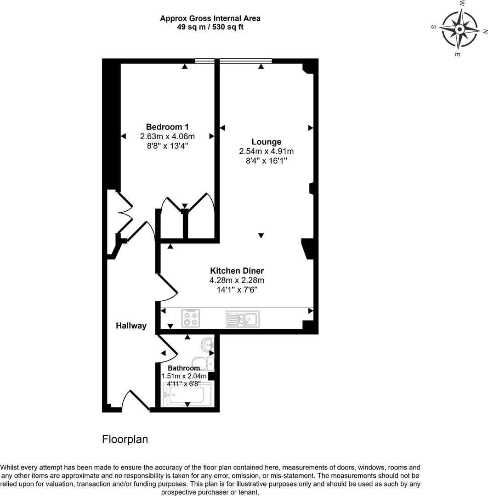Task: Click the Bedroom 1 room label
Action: (x=167, y=127)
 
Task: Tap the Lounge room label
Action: (x=266, y=141)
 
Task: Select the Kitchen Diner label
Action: (x=237, y=271)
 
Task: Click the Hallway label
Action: (x=131, y=326)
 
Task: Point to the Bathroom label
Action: (x=184, y=368)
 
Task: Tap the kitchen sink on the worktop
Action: (x=243, y=319)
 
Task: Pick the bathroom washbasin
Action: (x=208, y=344)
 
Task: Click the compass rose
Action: (x=459, y=29)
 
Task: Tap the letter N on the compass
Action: (x=484, y=31)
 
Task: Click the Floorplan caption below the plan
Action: (x=125, y=440)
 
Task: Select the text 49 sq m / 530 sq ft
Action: (x=210, y=27)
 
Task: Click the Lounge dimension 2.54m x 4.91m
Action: (x=266, y=151)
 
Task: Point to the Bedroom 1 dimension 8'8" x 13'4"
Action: (x=167, y=146)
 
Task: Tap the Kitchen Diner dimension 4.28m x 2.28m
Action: (x=237, y=280)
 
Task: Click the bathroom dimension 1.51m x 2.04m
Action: (x=184, y=376)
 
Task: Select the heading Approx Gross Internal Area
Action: (x=210, y=18)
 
